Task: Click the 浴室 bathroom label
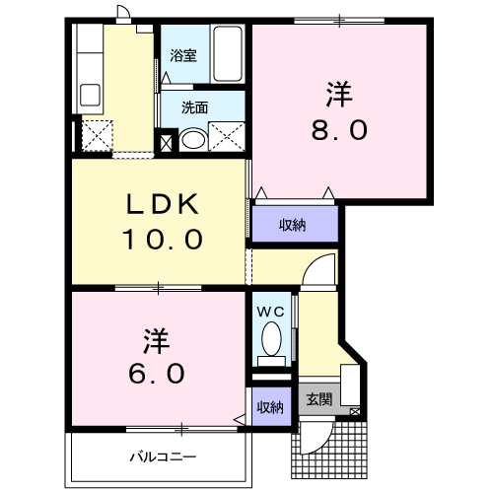coord(183,56)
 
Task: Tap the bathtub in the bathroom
coord(228,54)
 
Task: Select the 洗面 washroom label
coord(194,107)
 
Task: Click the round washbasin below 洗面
coord(193,140)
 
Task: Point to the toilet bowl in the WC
coord(271,339)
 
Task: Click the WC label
coord(270,312)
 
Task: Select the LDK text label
coord(163,204)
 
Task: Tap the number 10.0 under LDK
coord(163,239)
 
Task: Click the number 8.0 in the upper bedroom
coord(339,130)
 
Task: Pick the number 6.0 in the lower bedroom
coord(156,373)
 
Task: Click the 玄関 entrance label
coord(319,399)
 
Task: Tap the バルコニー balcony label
coord(163,457)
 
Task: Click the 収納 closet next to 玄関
coord(270,407)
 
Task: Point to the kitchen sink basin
coord(91,96)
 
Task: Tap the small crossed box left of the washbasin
coord(166,143)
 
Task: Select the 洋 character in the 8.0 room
coord(339,95)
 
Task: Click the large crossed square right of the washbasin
coord(227,137)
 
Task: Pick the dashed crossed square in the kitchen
coord(97,136)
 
